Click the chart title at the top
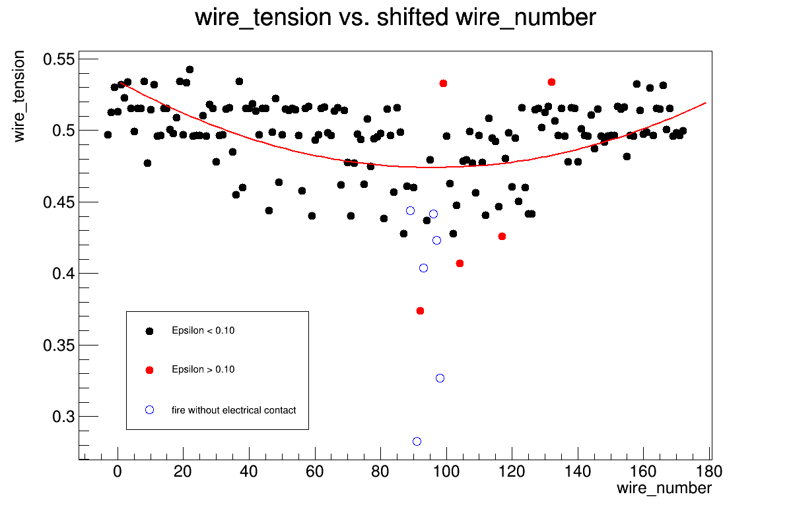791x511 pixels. [x=395, y=18]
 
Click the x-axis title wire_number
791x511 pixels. [x=664, y=489]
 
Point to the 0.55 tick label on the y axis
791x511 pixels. [x=60, y=59]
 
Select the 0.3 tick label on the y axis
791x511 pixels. [x=65, y=417]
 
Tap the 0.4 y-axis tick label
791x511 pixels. [x=65, y=274]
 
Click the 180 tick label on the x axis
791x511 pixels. [x=710, y=471]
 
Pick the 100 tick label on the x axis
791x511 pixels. [x=446, y=471]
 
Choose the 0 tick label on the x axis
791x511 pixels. [x=118, y=471]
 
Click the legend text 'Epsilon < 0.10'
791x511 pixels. [x=203, y=331]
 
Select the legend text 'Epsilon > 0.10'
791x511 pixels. [x=203, y=369]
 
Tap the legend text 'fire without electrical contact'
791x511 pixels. [x=234, y=410]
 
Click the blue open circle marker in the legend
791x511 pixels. [x=149, y=410]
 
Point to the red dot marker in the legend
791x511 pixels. [x=149, y=370]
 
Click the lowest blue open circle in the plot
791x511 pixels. [x=417, y=441]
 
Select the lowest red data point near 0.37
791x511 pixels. [x=420, y=311]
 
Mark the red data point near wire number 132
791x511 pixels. [x=551, y=82]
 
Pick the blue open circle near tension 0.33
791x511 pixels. [x=440, y=378]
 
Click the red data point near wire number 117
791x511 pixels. [x=502, y=236]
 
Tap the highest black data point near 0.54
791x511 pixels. [x=189, y=69]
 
